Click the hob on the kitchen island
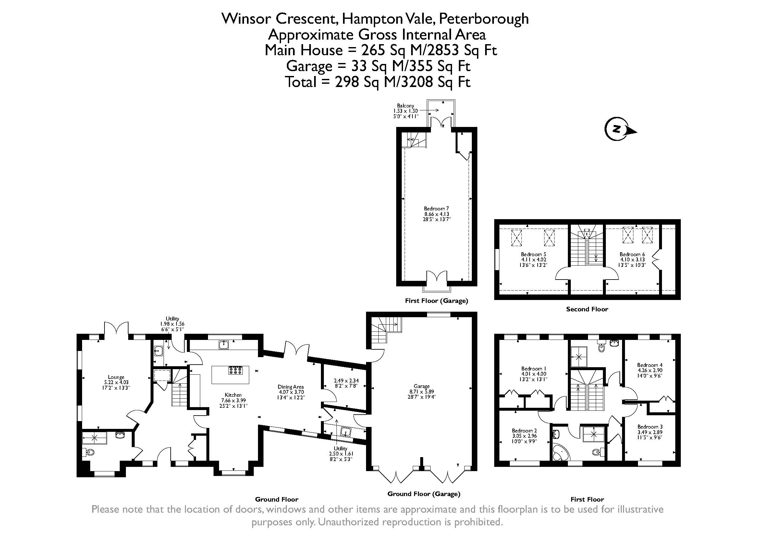coord(235,370)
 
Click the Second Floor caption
coord(587,309)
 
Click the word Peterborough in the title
coord(483,19)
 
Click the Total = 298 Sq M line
coord(377,82)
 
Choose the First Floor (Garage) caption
coord(436,301)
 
